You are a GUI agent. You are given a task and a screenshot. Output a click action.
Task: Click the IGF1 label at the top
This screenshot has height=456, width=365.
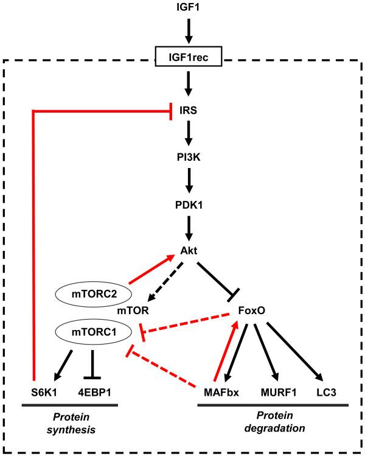(188, 9)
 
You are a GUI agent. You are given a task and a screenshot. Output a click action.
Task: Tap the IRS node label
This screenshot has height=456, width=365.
(188, 111)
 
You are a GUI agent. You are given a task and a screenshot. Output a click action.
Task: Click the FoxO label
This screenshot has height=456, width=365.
(252, 310)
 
